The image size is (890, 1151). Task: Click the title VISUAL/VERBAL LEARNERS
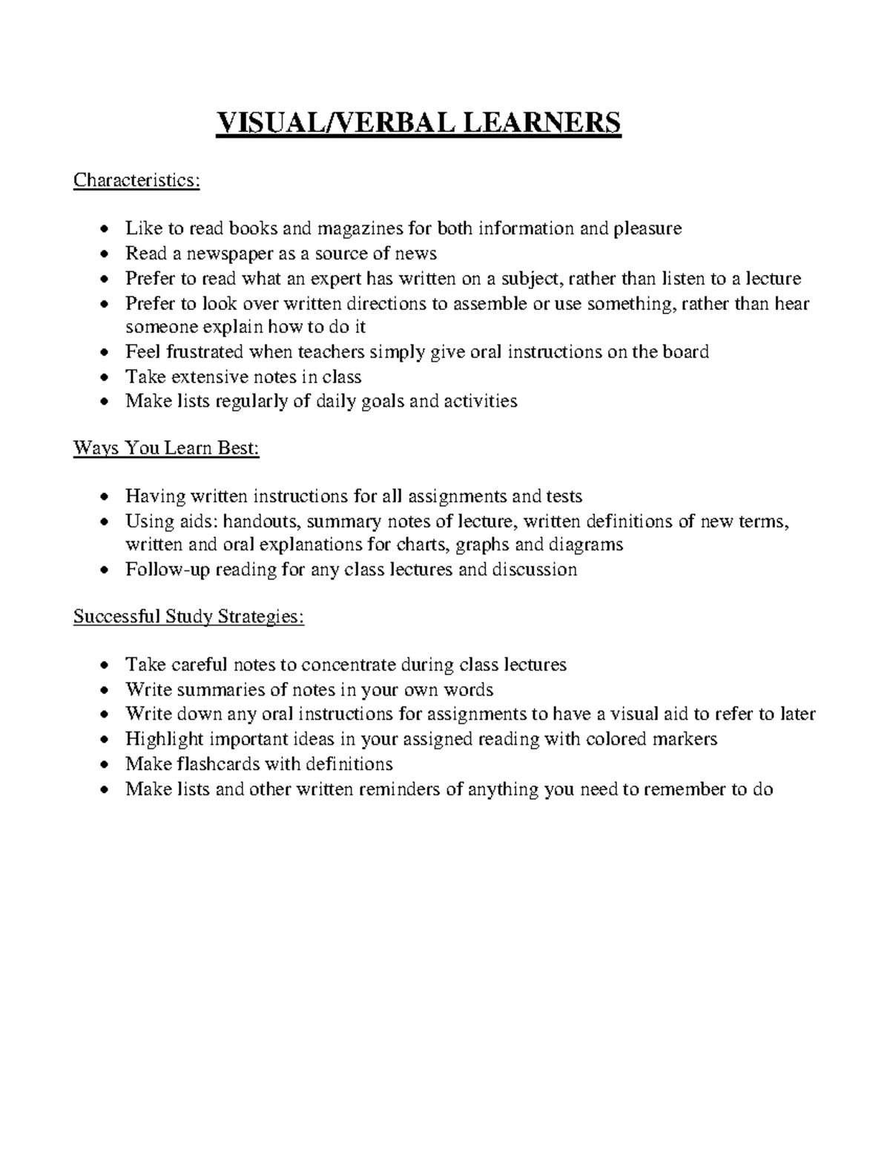point(418,122)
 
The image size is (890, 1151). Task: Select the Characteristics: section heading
point(136,181)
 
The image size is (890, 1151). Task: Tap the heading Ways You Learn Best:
point(166,448)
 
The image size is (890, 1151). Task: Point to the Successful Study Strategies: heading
point(188,617)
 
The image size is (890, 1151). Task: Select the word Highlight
point(165,739)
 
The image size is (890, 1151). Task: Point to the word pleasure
point(647,228)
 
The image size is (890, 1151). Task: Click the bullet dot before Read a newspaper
point(108,255)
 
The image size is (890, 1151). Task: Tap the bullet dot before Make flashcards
point(108,765)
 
